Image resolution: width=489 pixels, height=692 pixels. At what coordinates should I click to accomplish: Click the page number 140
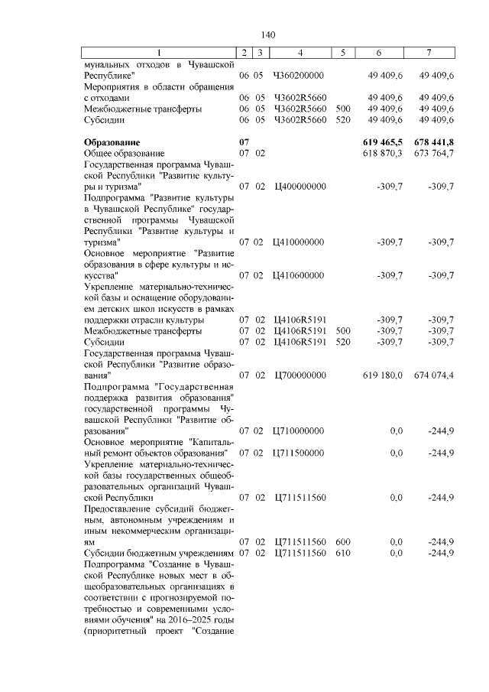267,35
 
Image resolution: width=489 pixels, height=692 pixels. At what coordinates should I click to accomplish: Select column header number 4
299,53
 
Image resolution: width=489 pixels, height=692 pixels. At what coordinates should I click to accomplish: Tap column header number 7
429,53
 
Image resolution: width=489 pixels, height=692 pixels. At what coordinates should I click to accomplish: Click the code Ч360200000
299,76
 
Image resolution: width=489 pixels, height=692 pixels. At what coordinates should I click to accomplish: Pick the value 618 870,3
381,154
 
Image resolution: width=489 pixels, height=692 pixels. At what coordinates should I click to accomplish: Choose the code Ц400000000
299,187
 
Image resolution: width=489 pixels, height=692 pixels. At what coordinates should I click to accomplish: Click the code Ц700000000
299,375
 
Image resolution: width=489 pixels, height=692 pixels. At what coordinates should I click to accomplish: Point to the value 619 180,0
381,375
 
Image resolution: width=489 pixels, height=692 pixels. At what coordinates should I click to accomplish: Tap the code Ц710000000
299,430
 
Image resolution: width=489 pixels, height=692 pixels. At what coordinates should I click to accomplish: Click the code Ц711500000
299,453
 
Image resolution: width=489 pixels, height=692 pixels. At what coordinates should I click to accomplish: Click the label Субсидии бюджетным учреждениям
160,552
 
